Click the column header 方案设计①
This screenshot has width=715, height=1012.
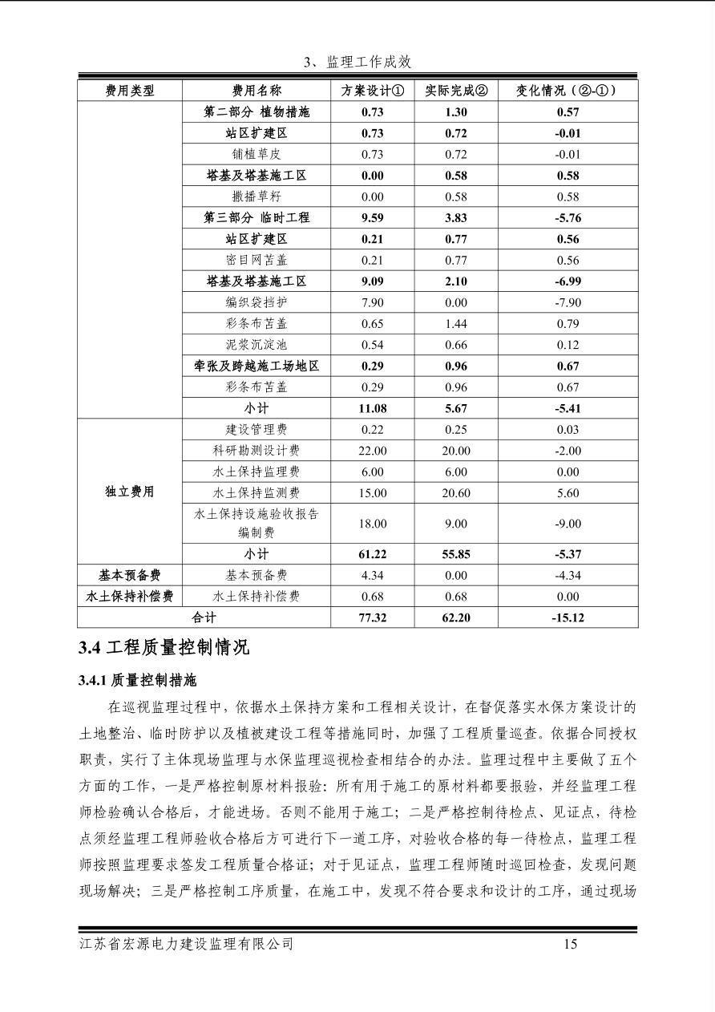tap(372, 91)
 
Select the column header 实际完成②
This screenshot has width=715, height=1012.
tap(455, 91)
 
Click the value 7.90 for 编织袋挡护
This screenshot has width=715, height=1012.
tap(372, 302)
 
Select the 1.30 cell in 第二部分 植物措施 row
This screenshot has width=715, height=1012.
tap(455, 112)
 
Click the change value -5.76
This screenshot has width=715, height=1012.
tap(568, 217)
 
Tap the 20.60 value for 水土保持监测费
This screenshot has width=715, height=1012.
tap(455, 493)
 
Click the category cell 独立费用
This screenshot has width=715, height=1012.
tap(130, 492)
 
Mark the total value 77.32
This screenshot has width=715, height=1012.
tap(372, 617)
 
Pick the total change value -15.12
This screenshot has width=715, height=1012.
tap(568, 617)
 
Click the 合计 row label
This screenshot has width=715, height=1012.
tap(204, 617)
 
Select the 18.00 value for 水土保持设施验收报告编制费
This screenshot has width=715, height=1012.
tap(372, 524)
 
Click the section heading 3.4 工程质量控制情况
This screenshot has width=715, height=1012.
tap(164, 648)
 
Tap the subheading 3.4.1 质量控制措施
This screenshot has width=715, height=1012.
tap(137, 681)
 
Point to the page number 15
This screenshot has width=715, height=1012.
tap(570, 944)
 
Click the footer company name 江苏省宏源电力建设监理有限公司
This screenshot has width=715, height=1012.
tap(187, 944)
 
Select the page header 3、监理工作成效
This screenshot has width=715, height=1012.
tap(357, 63)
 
